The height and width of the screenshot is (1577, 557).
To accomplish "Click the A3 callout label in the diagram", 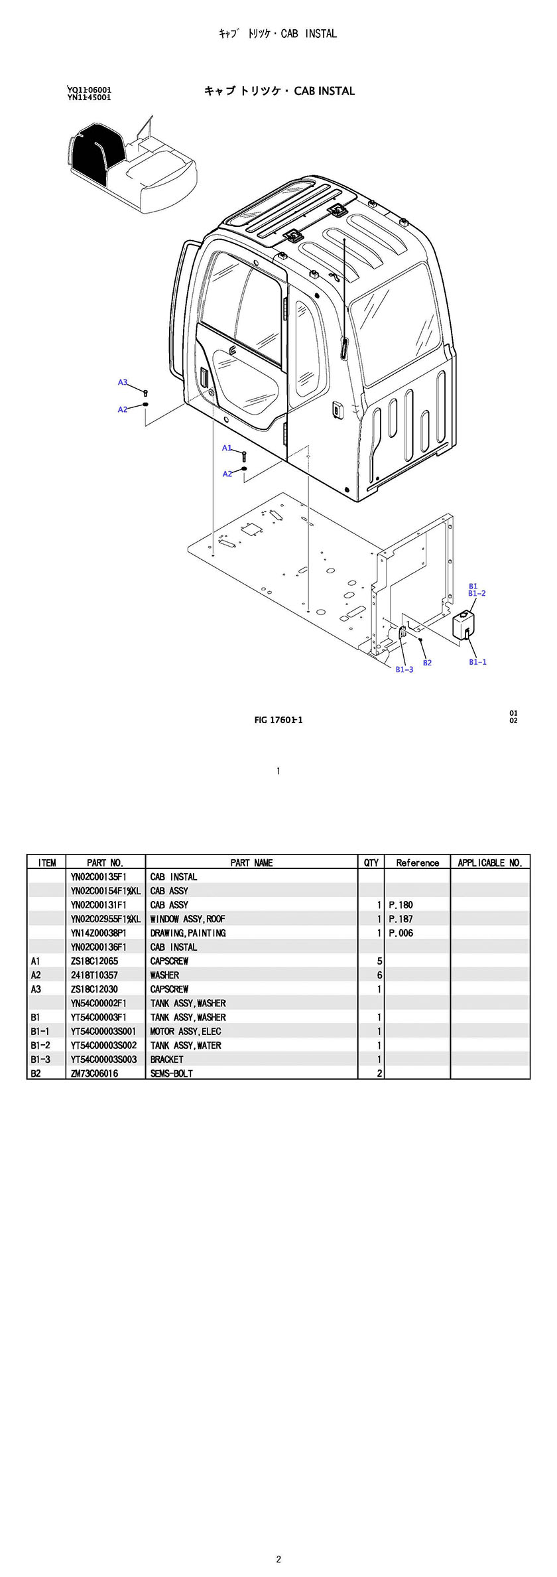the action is click(122, 382).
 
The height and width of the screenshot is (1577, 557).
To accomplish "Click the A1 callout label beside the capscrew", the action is click(227, 448).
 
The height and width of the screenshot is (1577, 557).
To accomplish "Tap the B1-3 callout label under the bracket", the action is click(404, 669).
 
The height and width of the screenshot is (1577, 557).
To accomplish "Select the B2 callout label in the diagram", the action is click(427, 663).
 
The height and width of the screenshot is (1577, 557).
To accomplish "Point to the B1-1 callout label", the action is click(477, 662).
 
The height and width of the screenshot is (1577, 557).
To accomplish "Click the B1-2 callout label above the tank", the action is click(477, 593).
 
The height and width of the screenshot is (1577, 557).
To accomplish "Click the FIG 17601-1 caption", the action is click(278, 720).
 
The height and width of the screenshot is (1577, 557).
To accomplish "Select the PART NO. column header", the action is click(105, 862).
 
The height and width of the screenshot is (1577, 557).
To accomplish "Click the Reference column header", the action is click(418, 862).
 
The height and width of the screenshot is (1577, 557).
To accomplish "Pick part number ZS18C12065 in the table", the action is click(95, 961).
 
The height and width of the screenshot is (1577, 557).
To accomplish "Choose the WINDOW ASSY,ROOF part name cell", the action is click(188, 919).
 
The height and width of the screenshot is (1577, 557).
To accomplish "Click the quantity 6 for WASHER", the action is click(380, 975).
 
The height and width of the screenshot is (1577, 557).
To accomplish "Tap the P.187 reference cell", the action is click(401, 919).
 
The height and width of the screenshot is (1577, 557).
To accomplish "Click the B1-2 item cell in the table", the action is click(40, 1045).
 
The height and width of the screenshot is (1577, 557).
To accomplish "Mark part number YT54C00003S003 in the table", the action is click(103, 1060).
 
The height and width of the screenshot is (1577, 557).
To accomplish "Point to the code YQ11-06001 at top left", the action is click(89, 90).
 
